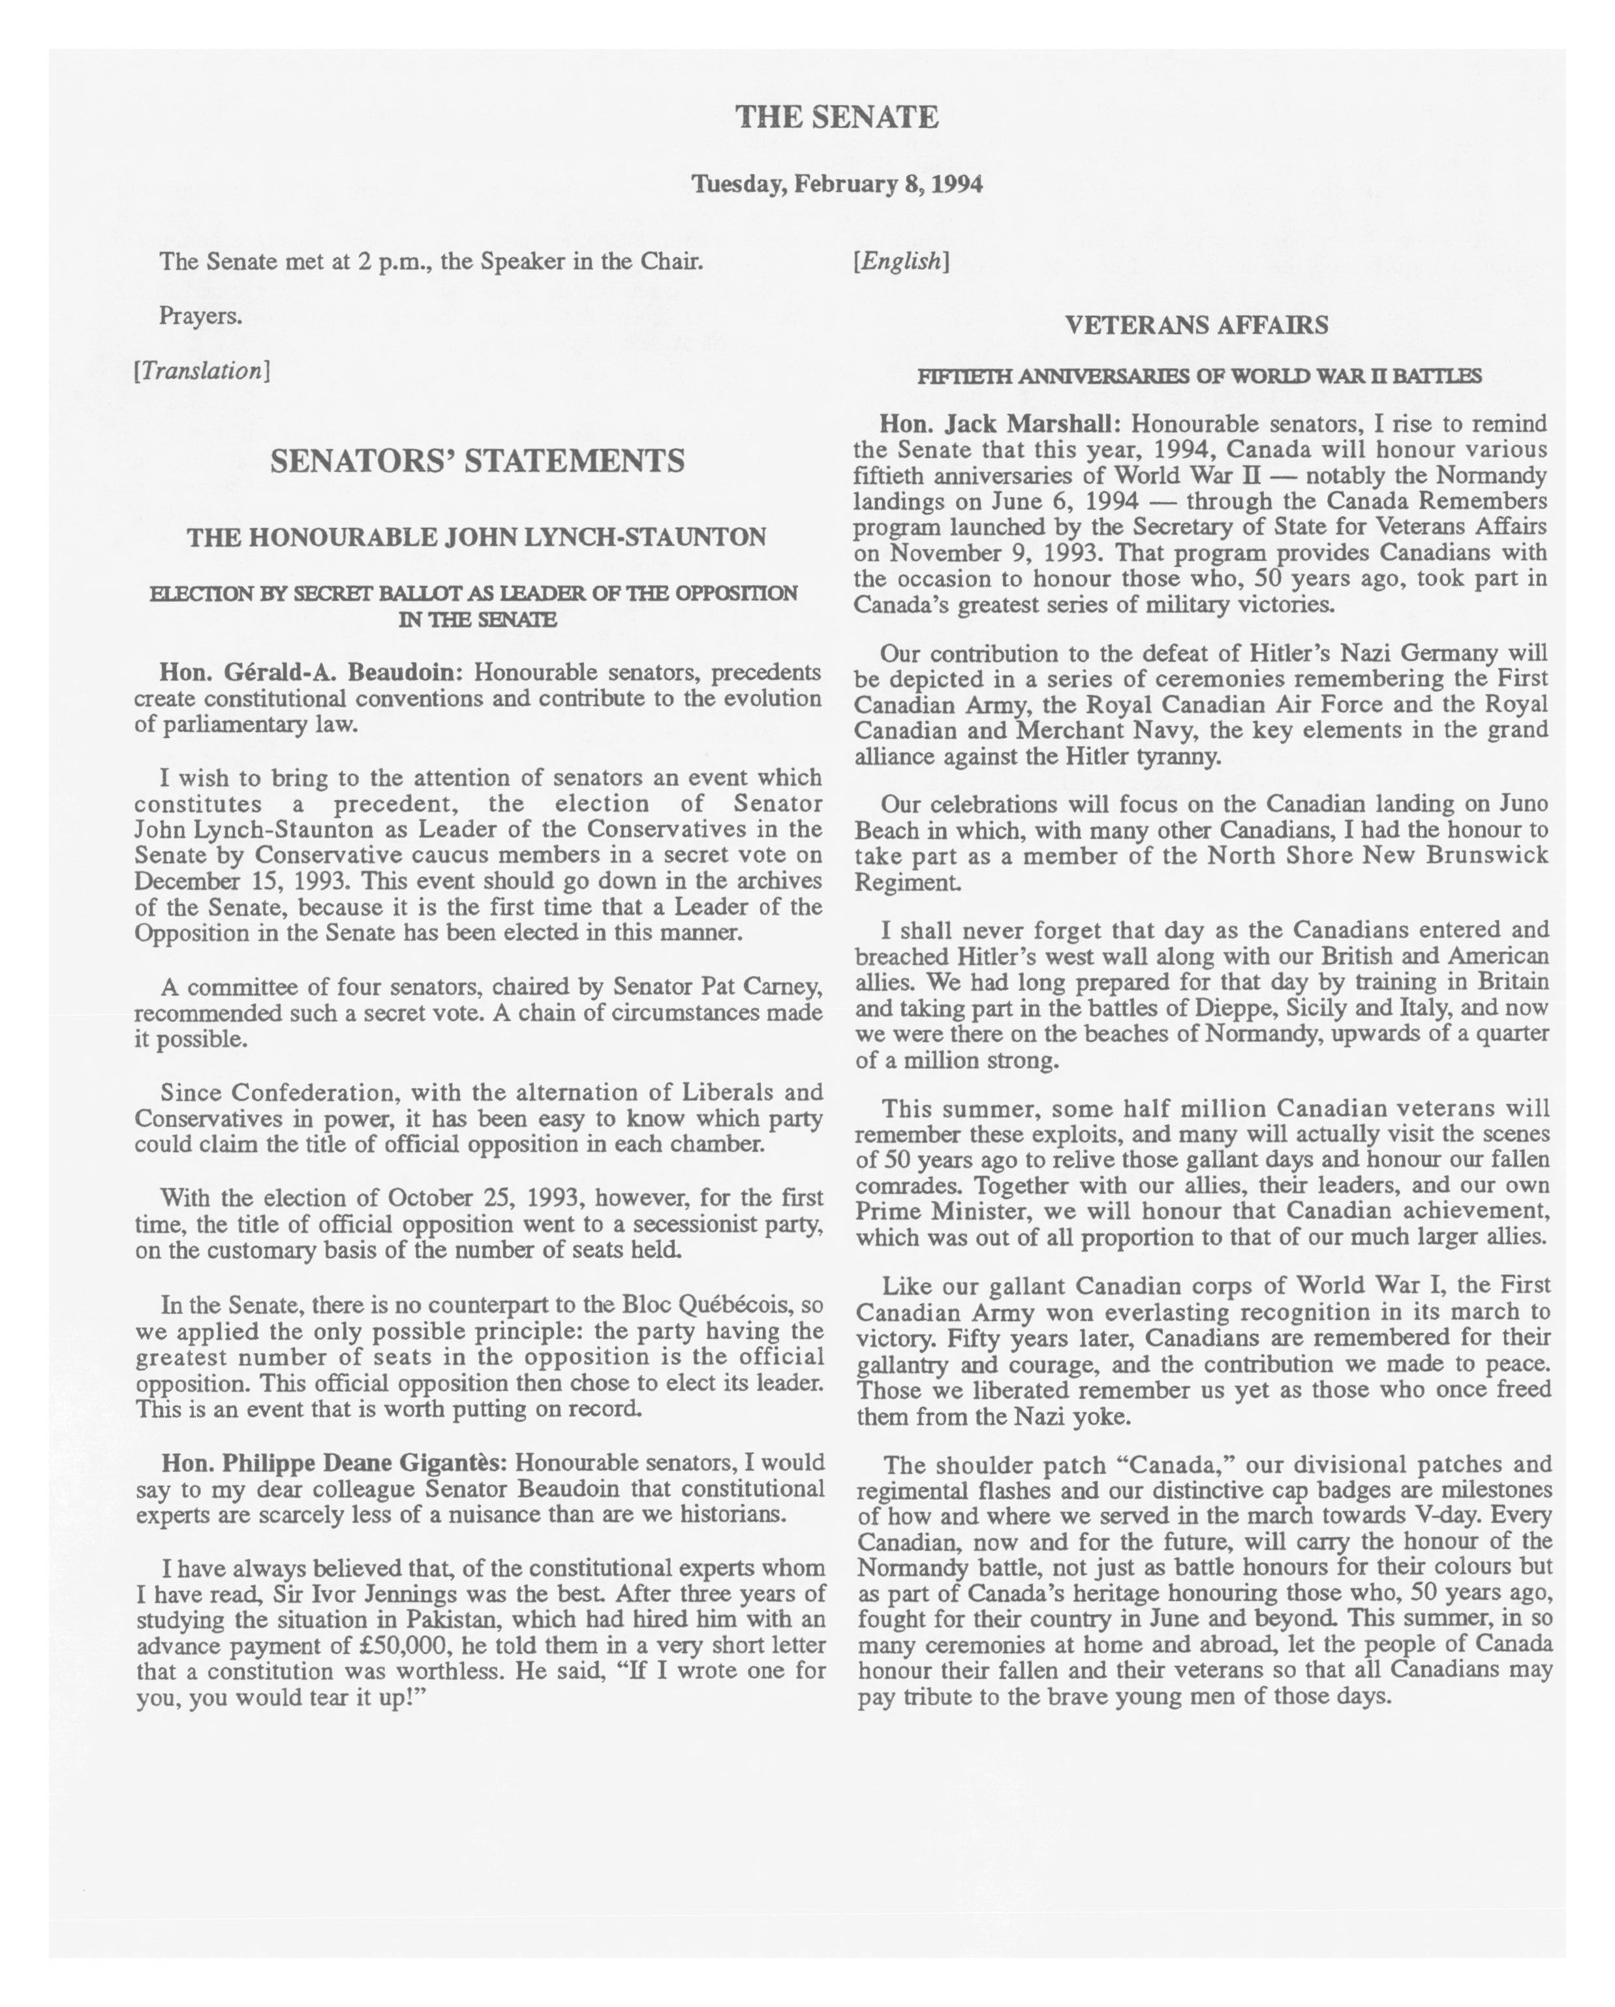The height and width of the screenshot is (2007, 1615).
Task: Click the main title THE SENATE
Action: click(x=836, y=117)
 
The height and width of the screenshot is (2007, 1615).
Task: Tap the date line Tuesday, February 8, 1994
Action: click(x=836, y=184)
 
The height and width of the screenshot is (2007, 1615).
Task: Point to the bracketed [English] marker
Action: click(x=900, y=262)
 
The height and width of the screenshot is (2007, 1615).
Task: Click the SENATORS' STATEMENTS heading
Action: click(x=476, y=461)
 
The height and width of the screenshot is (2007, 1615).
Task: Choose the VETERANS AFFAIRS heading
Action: click(x=1196, y=326)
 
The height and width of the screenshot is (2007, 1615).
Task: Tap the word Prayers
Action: click(x=200, y=316)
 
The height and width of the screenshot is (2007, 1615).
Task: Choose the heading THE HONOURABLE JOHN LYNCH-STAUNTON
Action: click(x=476, y=537)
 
